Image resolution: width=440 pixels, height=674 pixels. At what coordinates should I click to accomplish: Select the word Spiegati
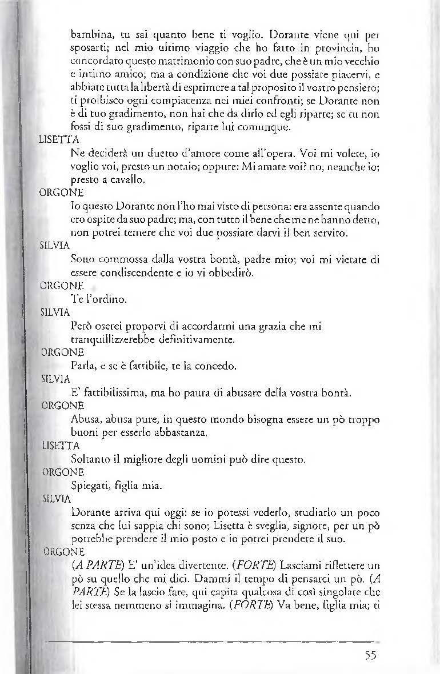pyautogui.click(x=89, y=486)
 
